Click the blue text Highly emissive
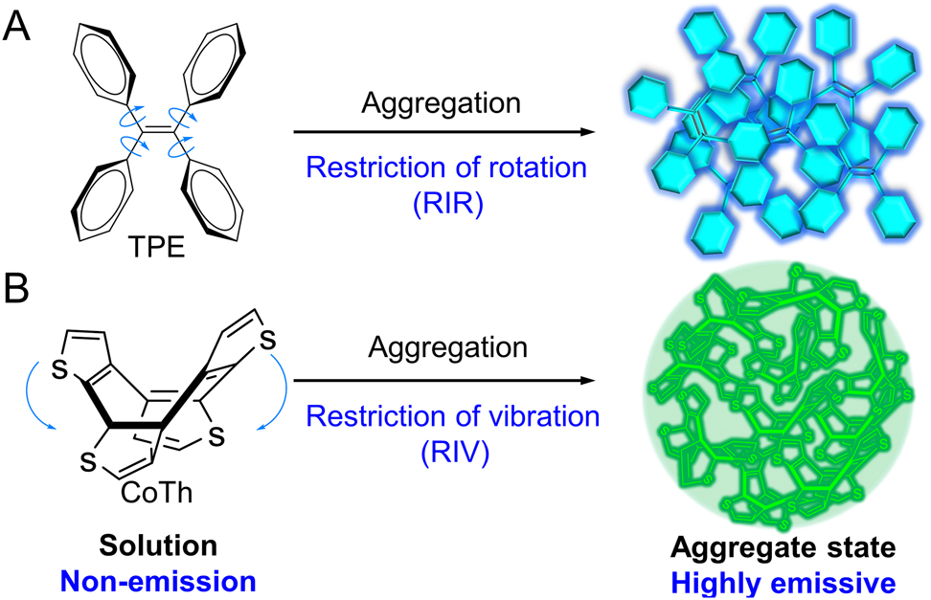coord(783,580)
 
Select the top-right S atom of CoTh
coord(270,339)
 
